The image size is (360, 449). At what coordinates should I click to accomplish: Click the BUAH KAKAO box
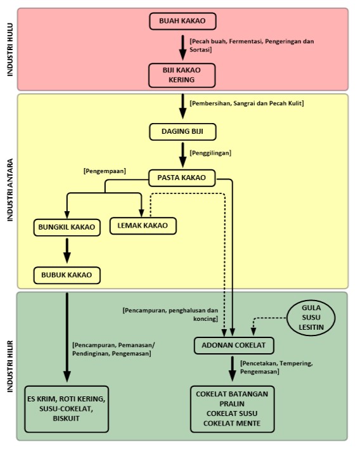coord(183,21)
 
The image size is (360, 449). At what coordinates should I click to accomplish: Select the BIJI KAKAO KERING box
coord(182,75)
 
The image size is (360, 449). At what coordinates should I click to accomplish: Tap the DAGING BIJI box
coord(183,132)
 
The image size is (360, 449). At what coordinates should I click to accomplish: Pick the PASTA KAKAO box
coord(182,178)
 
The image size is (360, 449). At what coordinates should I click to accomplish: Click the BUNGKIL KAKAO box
coord(67,228)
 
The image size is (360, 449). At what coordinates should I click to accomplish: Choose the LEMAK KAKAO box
coord(143,226)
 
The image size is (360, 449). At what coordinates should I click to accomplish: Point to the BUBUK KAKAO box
coord(67,275)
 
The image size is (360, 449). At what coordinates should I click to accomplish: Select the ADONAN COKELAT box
coord(234,346)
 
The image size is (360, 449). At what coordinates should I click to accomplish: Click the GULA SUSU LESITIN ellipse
coord(311,318)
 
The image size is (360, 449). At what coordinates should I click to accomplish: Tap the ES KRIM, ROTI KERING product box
coord(67,409)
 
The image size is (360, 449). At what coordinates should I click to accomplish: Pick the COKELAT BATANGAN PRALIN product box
coord(232,409)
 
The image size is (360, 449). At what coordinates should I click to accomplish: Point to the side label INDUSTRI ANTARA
coord(10,190)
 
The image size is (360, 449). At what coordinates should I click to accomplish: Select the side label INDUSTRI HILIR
coord(10,367)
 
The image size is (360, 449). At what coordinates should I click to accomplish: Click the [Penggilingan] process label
coord(210,153)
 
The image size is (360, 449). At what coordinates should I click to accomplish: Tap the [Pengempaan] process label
coord(105,171)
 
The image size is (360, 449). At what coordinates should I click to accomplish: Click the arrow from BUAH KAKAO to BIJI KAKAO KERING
coord(183,48)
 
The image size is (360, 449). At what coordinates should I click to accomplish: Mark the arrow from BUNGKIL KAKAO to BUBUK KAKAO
coord(67,251)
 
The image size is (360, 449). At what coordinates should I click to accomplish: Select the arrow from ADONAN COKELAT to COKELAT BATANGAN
coord(233,369)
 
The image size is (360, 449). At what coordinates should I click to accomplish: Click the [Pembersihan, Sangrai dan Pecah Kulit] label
coord(247,103)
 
